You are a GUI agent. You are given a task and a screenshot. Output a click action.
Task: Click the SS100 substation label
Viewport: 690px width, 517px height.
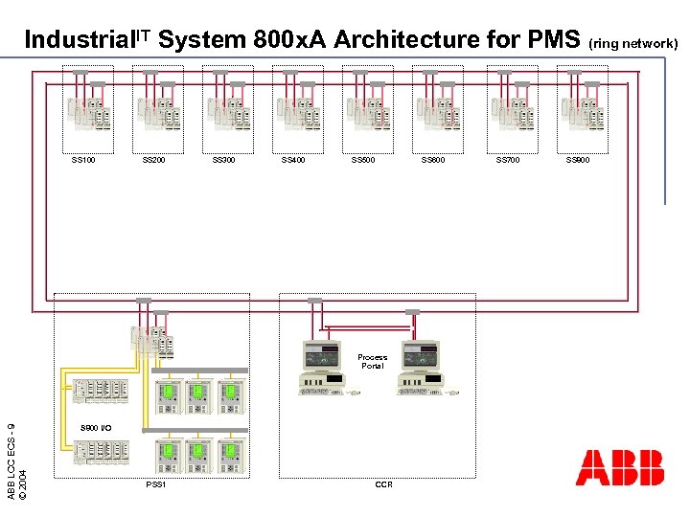tap(83, 160)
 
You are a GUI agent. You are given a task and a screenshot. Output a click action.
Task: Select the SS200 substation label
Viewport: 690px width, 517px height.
tap(153, 160)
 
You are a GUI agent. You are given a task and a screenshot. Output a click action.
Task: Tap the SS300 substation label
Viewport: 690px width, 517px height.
tap(223, 160)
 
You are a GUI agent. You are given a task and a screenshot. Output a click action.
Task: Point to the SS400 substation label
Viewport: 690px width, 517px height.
tap(293, 160)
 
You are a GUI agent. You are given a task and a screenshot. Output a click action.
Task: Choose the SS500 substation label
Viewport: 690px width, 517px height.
tap(363, 160)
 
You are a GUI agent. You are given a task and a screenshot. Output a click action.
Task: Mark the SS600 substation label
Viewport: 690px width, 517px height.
tap(433, 160)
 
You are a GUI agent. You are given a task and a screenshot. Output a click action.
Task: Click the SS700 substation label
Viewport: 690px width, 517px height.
tap(508, 160)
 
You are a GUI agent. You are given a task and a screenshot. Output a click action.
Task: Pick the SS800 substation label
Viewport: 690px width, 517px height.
tap(578, 160)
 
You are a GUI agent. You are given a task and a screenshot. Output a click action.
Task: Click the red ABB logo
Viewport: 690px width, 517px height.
tap(619, 467)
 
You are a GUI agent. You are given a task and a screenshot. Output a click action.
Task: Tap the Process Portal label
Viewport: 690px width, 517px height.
tap(372, 361)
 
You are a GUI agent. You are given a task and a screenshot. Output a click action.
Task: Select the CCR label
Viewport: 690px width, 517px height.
tap(383, 484)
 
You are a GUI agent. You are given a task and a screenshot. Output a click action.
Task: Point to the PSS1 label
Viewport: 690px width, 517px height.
tap(156, 484)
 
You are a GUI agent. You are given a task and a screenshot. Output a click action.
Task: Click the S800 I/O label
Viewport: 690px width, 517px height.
tap(96, 427)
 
